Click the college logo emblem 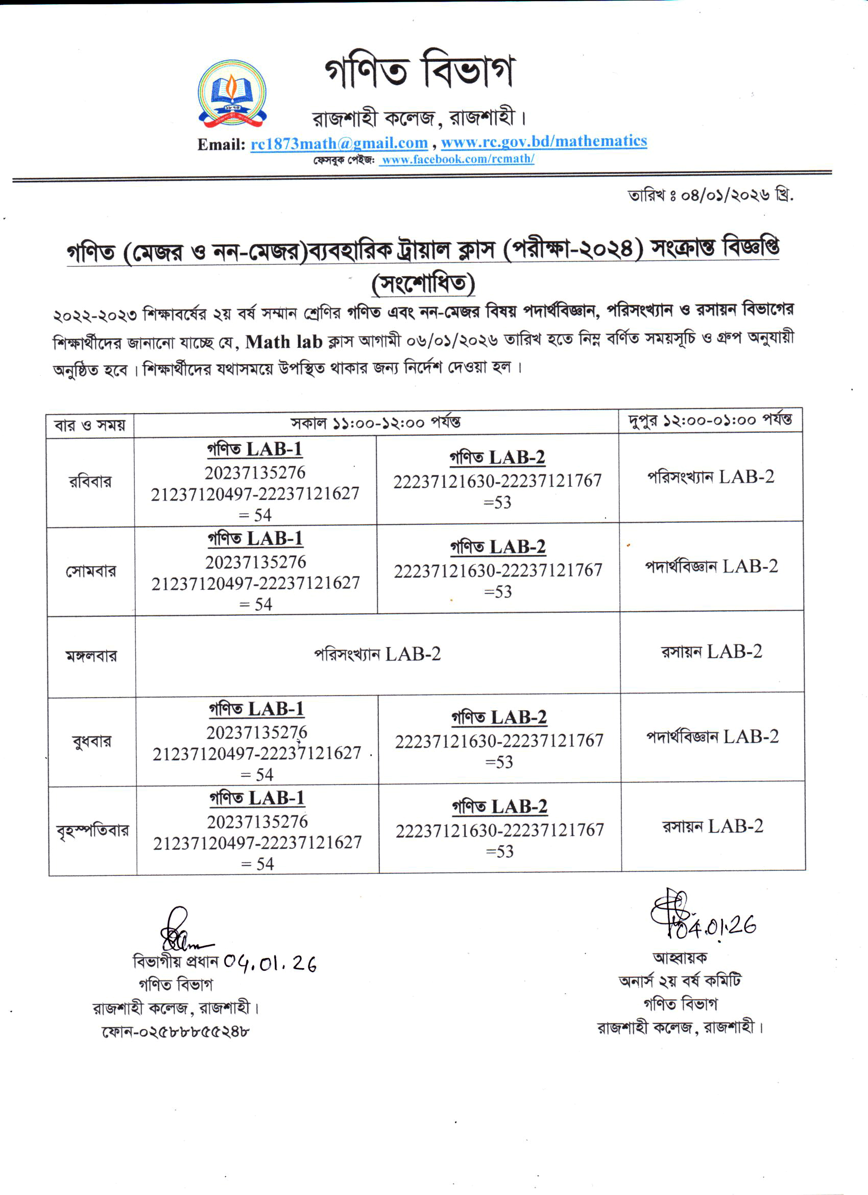tap(232, 94)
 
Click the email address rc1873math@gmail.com tap(339, 143)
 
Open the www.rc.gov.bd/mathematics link tap(544, 141)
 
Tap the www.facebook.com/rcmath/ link tap(457, 159)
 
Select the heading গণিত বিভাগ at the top tap(419, 70)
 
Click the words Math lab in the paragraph tap(283, 342)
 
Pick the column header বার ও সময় tap(90, 425)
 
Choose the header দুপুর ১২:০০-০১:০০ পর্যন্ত tap(710, 420)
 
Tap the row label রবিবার tap(90, 482)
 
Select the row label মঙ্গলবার tap(91, 656)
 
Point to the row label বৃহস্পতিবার tap(93, 831)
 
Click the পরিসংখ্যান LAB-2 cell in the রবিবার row tap(711, 477)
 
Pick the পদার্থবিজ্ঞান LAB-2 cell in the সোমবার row tap(711, 566)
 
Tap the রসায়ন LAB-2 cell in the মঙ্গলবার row tap(712, 652)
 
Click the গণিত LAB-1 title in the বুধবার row tap(256, 709)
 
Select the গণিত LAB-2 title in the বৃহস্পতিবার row tap(500, 807)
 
